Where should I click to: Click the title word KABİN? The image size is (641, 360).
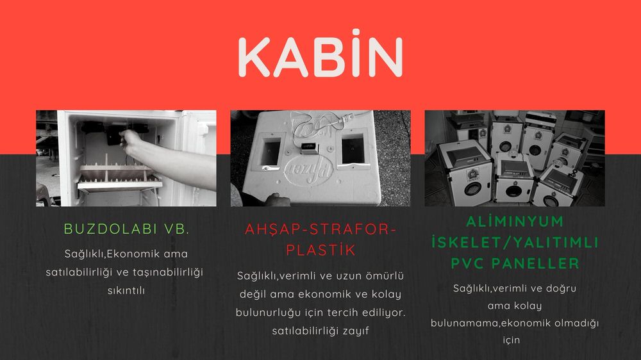click(320, 54)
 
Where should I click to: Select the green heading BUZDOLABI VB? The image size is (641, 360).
click(127, 229)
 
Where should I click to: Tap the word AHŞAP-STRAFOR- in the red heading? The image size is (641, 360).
click(320, 229)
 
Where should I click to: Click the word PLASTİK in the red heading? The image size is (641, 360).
click(320, 250)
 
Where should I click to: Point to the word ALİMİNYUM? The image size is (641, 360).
click(515, 222)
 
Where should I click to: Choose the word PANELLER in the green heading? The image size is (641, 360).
click(535, 263)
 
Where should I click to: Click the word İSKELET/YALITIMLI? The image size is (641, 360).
click(515, 242)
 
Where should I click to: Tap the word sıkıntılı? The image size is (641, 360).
click(126, 291)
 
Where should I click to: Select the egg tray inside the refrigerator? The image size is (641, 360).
click(119, 177)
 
